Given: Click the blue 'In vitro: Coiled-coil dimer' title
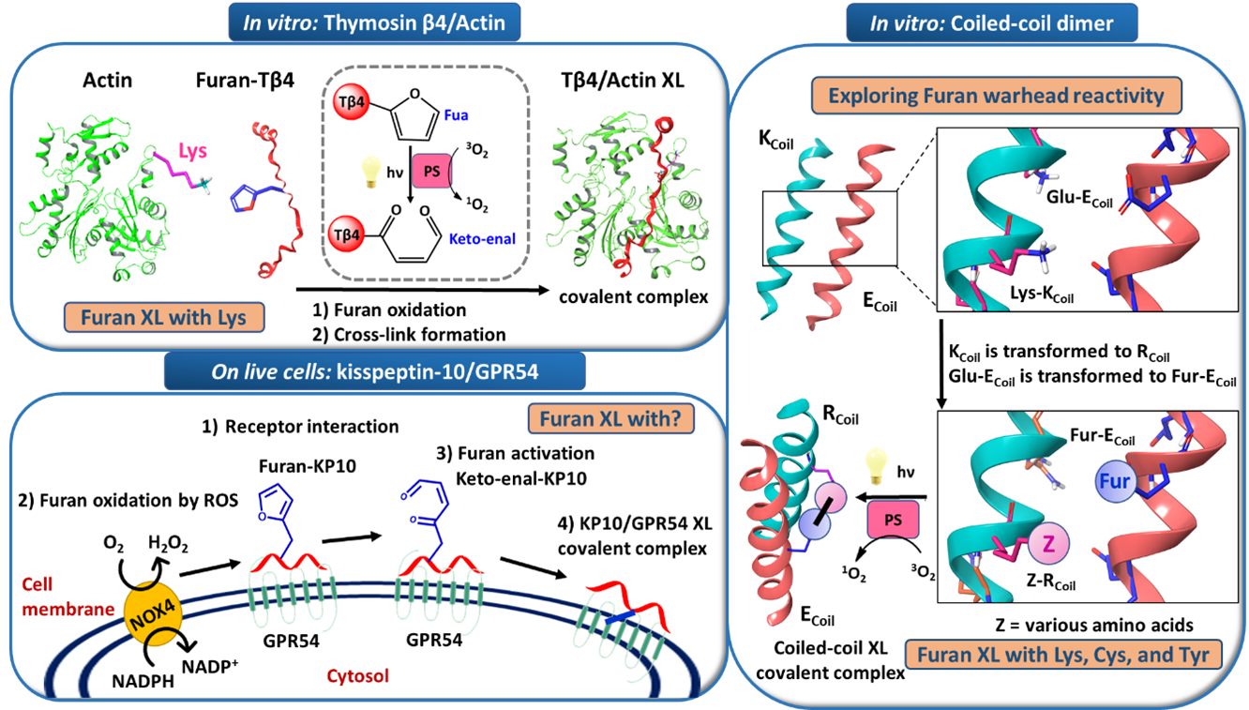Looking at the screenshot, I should [x=991, y=21].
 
